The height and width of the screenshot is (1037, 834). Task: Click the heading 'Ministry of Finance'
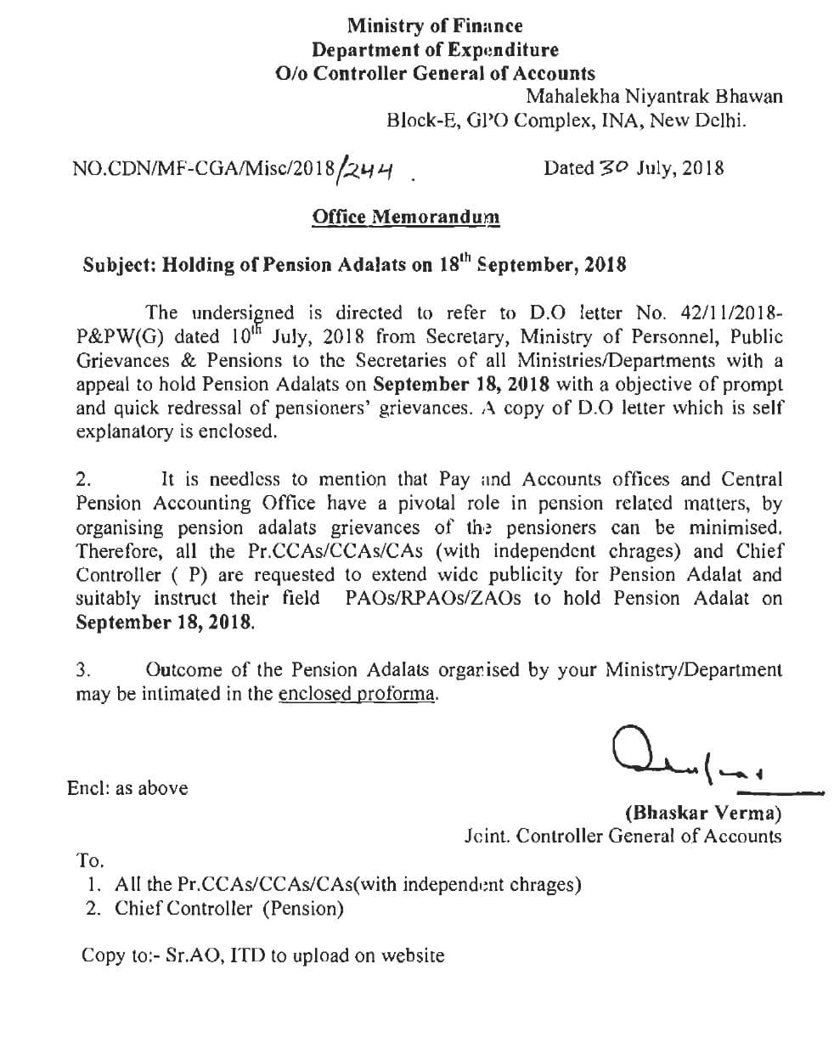435,26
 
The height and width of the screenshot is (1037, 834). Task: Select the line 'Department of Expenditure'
435,50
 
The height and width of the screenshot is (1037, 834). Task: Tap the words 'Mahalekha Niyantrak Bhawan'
654,97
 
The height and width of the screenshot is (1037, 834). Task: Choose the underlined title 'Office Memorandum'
406,217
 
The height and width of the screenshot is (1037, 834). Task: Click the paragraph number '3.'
83,670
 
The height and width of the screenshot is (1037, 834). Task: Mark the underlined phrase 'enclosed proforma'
358,694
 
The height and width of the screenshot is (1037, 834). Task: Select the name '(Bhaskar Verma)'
703,812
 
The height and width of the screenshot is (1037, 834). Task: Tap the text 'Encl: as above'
127,788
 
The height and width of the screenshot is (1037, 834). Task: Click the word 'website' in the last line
413,955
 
